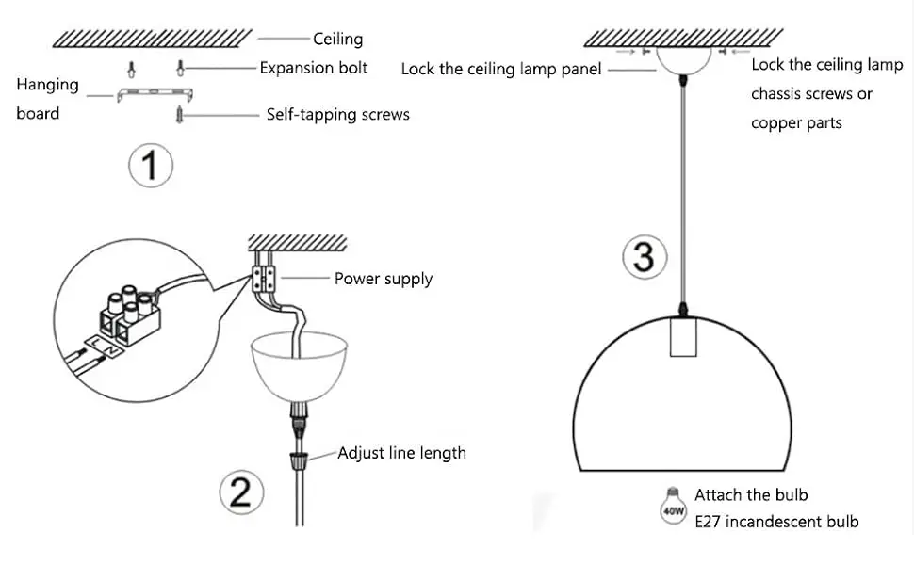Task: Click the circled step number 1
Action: tap(150, 167)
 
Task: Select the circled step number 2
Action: tap(241, 492)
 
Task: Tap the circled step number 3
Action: tap(644, 256)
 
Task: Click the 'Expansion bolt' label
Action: tap(314, 68)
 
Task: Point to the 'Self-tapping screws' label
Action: tap(338, 115)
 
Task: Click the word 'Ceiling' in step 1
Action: tap(337, 39)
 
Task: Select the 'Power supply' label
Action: tap(383, 279)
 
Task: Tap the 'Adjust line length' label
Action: tap(401, 453)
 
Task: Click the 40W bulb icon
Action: tap(673, 507)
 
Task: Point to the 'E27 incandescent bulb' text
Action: tap(776, 521)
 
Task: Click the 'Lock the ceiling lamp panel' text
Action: tap(501, 69)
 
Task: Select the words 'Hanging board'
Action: tap(47, 99)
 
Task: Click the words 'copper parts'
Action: tap(796, 123)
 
